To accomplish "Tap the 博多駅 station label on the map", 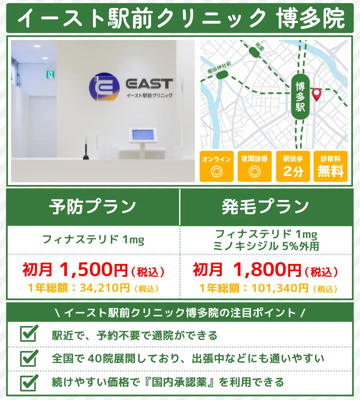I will tap(300, 97).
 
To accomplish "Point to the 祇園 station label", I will tap(259, 46).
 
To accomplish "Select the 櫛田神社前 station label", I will tap(219, 68).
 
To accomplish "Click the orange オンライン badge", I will tap(216, 166).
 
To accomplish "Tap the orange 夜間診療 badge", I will tap(255, 166).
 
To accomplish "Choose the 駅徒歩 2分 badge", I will tap(293, 166).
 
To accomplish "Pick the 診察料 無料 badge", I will tap(330, 166).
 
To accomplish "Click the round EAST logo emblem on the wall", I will tap(104, 86).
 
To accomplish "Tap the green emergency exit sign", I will tap(50, 74).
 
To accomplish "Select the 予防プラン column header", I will tap(93, 207).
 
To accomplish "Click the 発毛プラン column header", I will tap(266, 207).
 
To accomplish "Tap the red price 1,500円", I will tap(94, 270).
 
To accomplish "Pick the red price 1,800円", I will tap(267, 270).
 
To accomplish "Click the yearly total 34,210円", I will tap(105, 288).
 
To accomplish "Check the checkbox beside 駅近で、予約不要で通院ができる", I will tap(29, 334).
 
